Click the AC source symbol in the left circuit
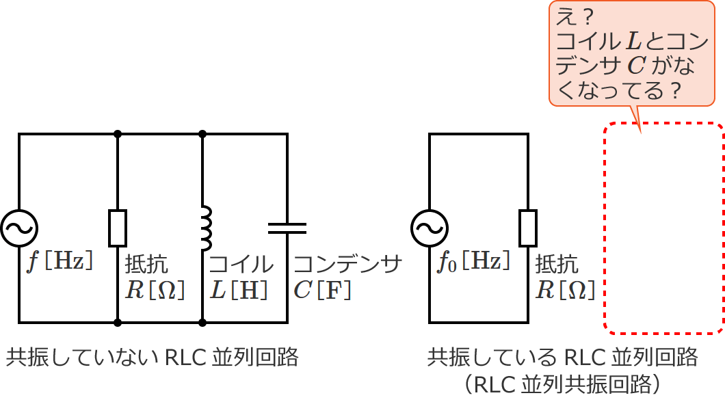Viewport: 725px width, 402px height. click(18, 228)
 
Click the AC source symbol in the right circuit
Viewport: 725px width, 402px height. click(430, 228)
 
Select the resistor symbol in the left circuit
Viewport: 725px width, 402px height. click(118, 228)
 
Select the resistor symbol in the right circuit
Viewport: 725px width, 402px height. click(528, 228)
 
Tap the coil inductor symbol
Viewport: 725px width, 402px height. click(204, 228)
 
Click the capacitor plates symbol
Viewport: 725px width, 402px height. click(287, 228)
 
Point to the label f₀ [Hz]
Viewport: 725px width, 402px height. click(473, 261)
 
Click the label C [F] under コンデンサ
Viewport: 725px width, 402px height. click(323, 290)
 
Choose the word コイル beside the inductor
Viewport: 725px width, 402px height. click(241, 265)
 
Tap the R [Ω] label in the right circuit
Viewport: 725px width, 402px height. click(565, 290)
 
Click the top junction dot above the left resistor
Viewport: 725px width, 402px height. click(118, 134)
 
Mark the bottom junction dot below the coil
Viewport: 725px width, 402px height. click(203, 321)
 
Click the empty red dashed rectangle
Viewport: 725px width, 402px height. click(663, 228)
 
